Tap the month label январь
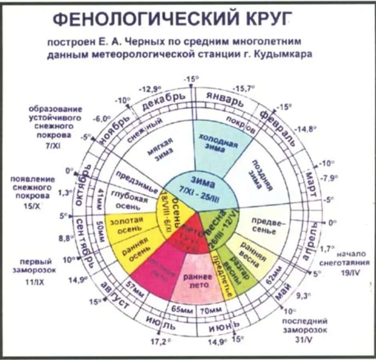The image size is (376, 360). pos(224,98)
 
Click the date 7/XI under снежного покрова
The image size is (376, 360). pos(53,144)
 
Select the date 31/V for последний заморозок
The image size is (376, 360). pos(305,339)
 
